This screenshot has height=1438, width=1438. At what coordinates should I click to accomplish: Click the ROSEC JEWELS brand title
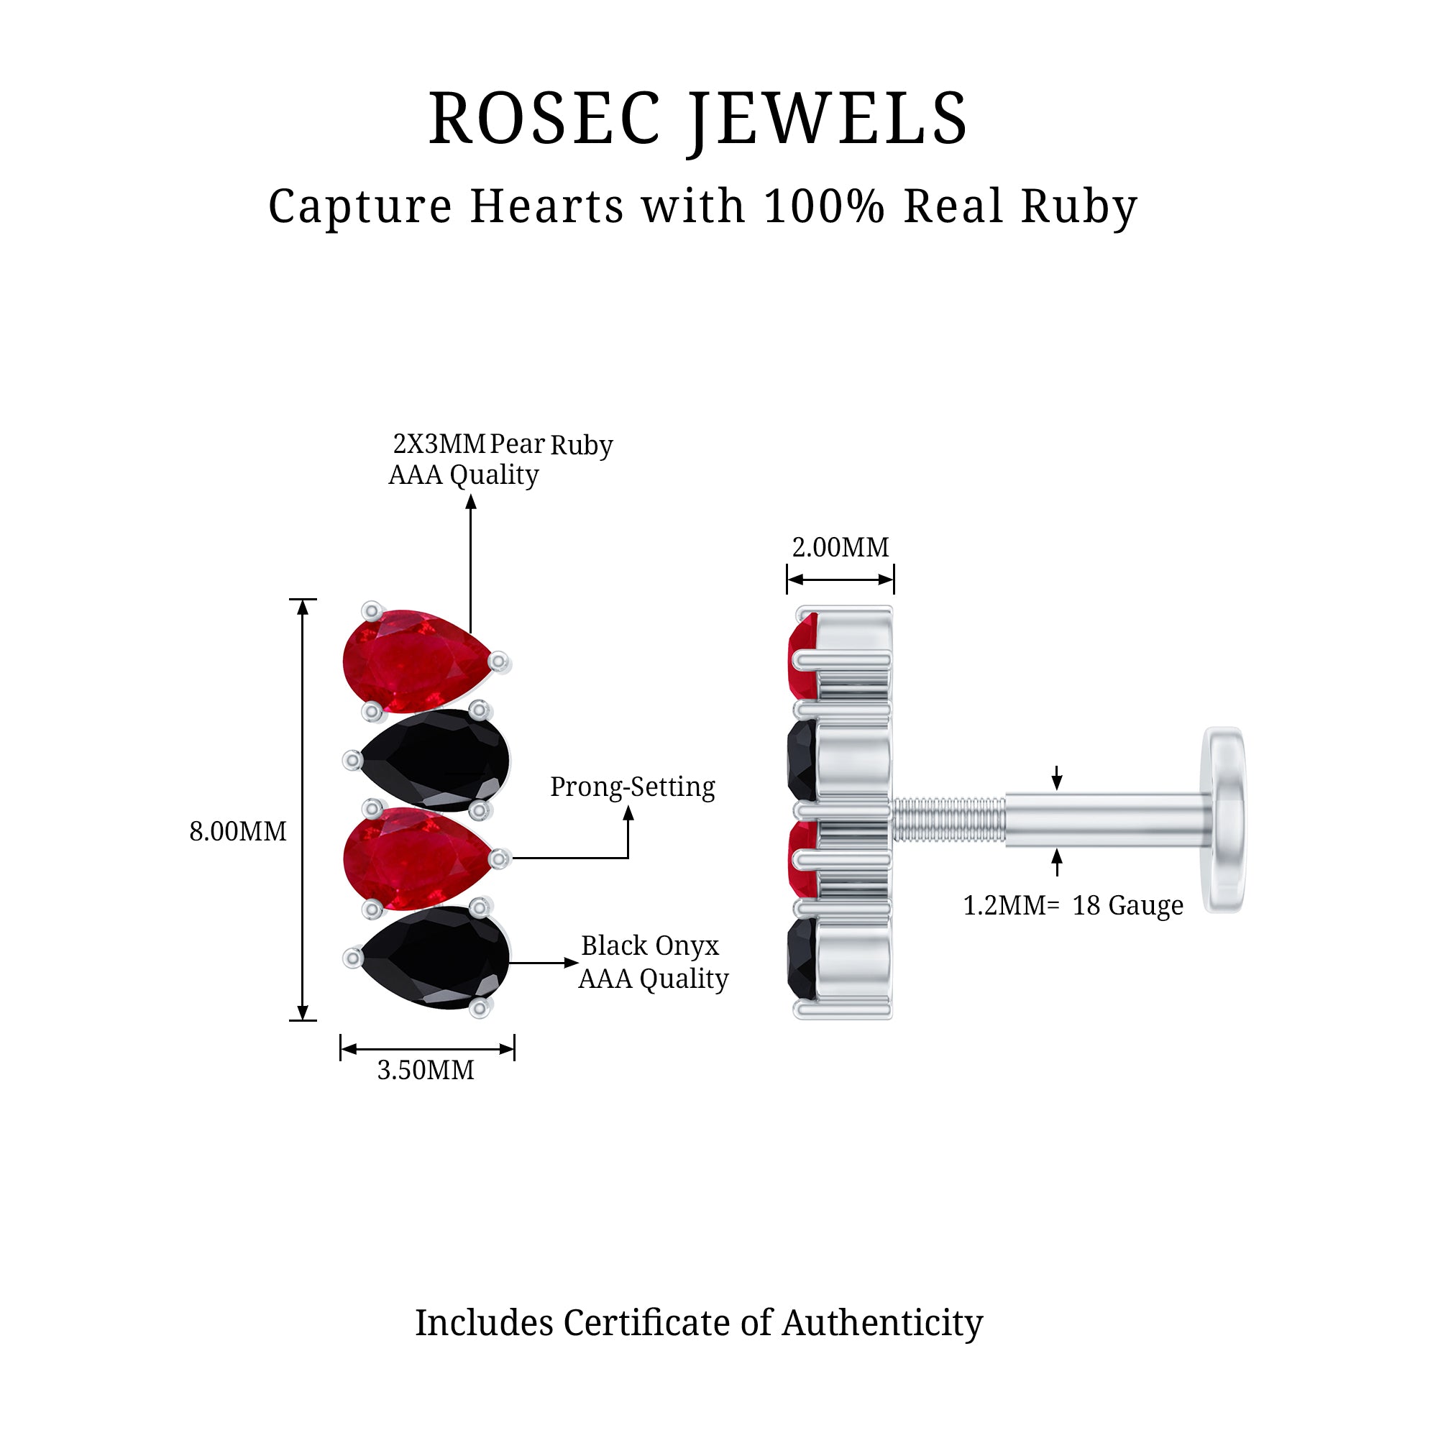[697, 119]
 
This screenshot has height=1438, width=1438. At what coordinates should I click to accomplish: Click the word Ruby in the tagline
[1078, 206]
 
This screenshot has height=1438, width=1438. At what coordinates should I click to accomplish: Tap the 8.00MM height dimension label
[237, 831]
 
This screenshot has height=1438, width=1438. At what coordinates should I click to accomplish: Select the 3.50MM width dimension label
[425, 1071]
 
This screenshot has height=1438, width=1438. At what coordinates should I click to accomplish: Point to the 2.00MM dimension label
[840, 548]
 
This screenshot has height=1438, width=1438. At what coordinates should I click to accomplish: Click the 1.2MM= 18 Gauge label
[1073, 906]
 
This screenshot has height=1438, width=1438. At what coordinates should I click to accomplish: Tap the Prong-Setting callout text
[632, 787]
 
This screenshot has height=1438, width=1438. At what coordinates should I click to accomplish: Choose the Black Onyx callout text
[650, 946]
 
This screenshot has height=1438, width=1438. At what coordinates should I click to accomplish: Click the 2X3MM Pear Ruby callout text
[503, 444]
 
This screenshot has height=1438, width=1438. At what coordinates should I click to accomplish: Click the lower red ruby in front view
[413, 858]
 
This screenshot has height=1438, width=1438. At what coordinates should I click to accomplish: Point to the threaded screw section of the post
[948, 820]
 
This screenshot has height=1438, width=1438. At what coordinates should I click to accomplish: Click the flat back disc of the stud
[1224, 820]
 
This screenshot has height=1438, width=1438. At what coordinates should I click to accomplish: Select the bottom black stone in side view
[802, 958]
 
